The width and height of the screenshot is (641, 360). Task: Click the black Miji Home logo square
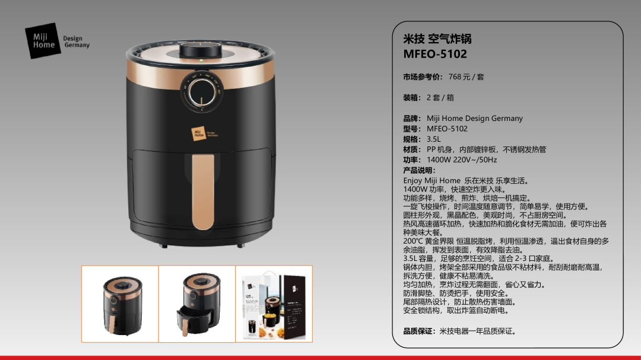(43, 41)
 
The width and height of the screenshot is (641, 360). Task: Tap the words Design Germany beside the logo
(76, 42)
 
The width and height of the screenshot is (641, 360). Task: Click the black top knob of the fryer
(201, 50)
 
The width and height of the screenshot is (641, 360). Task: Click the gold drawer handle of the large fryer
(203, 192)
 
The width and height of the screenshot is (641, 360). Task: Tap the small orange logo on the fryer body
(199, 133)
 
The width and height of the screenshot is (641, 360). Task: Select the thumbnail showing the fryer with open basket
(197, 304)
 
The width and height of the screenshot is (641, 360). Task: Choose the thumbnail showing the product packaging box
(274, 304)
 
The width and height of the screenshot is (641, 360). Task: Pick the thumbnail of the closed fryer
(120, 304)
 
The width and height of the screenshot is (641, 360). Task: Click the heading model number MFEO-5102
(435, 54)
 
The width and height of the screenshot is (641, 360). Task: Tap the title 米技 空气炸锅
(437, 39)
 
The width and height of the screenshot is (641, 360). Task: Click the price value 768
(454, 77)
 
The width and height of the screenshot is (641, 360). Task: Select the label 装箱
(411, 98)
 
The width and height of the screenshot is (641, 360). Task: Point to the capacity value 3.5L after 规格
(434, 139)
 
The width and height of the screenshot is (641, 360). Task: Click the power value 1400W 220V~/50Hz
(462, 160)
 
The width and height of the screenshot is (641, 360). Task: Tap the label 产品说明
(418, 170)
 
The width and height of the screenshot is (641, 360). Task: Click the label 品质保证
(418, 331)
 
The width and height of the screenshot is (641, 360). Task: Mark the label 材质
(411, 149)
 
